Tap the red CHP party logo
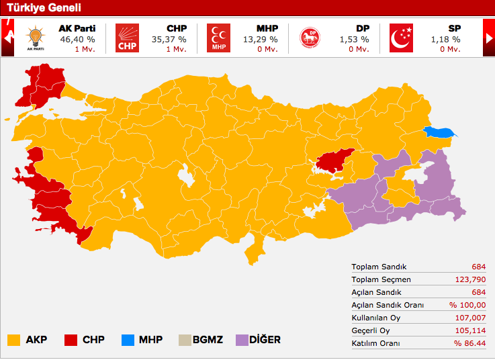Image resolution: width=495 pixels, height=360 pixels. (126, 38)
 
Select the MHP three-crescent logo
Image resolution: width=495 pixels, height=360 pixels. (217, 38)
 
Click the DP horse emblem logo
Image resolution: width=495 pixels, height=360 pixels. (309, 38)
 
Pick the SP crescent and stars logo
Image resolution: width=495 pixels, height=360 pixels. (401, 38)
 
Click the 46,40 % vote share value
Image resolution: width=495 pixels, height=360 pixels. (76, 39)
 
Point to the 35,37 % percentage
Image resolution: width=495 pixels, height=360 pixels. (170, 39)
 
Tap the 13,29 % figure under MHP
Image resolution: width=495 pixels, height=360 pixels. (261, 39)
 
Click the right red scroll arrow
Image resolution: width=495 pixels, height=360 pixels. (489, 38)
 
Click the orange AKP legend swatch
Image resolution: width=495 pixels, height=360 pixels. (13, 340)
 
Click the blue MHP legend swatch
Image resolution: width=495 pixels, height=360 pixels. (128, 340)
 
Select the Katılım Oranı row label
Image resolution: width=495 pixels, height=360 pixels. (375, 343)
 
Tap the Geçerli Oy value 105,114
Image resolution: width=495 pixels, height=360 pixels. (473, 330)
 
